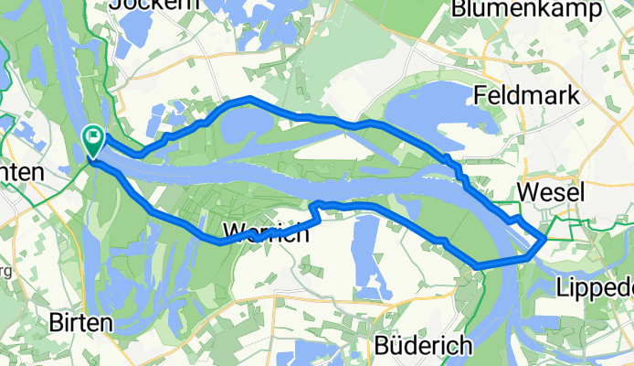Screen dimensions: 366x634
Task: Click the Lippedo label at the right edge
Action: tap(595, 289)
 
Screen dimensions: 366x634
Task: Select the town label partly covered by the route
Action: tap(265, 232)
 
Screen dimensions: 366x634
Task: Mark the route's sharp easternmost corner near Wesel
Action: tap(545, 238)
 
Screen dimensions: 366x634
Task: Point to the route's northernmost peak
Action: tap(248, 97)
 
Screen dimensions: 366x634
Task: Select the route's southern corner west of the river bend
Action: tap(478, 265)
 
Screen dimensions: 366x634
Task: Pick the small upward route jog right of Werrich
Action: tap(317, 206)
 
